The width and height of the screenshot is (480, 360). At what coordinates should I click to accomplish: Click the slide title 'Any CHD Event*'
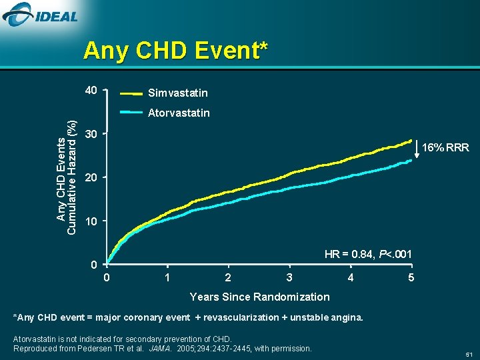[176, 51]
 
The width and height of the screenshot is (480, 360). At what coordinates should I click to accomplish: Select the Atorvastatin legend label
[179, 113]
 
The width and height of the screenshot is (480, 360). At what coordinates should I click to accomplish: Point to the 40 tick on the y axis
[91, 91]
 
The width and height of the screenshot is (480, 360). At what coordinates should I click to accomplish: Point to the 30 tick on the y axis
[91, 134]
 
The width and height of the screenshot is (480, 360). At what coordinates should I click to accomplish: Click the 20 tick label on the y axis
[91, 178]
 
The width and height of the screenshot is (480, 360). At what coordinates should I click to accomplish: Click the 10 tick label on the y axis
[91, 221]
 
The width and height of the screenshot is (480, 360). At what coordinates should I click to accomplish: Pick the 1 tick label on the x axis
[167, 277]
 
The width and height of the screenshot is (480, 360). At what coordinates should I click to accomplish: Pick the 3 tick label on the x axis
[289, 277]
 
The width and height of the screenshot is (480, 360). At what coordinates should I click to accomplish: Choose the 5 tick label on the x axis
[411, 277]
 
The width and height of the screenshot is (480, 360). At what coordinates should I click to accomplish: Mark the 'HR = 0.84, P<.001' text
[367, 254]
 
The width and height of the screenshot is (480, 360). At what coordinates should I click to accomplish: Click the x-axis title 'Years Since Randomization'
[259, 297]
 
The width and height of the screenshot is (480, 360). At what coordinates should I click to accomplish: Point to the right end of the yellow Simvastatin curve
[411, 141]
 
